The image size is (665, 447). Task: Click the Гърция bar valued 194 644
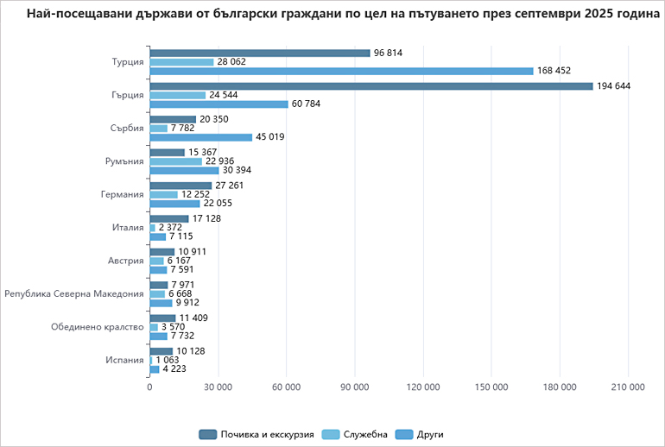[371, 85]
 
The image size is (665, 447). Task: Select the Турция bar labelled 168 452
[341, 71]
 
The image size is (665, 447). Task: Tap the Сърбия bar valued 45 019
[200, 137]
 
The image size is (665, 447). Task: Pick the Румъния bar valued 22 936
[175, 161]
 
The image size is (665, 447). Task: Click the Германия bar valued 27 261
[180, 186]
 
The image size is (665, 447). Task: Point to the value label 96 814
[389, 53]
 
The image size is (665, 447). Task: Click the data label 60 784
[308, 104]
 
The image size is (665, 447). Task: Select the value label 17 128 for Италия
[207, 218]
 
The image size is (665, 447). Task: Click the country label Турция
[128, 62]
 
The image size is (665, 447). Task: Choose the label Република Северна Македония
[74, 293]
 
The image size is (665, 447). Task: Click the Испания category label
[124, 360]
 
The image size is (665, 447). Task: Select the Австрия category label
[125, 261]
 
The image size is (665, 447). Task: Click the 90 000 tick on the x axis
[354, 387]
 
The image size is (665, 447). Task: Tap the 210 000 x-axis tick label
[627, 387]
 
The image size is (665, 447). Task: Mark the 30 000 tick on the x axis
[218, 387]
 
